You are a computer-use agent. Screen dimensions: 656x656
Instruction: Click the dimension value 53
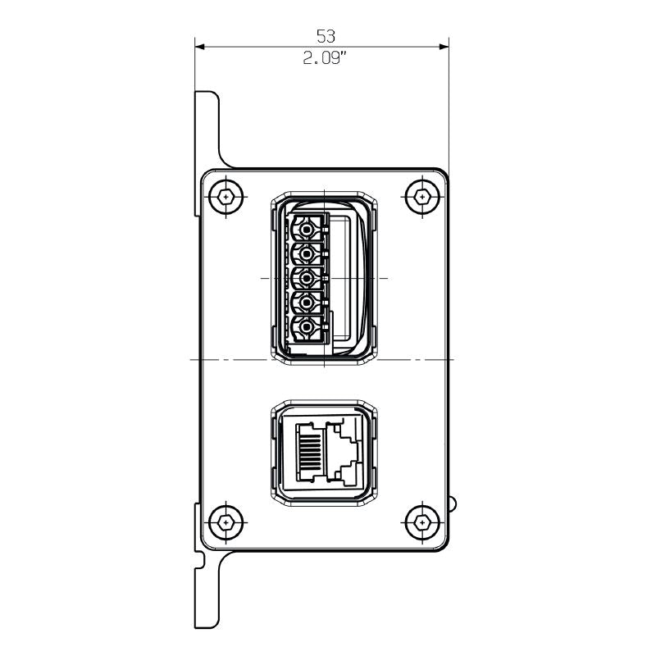(x=326, y=36)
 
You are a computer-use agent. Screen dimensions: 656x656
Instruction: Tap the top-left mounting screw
(x=226, y=197)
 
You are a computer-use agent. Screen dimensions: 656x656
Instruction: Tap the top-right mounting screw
(x=421, y=197)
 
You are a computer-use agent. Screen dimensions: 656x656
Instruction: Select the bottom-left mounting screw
(x=226, y=521)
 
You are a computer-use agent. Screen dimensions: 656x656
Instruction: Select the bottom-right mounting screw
(x=421, y=521)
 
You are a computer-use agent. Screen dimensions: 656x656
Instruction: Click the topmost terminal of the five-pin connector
(x=307, y=227)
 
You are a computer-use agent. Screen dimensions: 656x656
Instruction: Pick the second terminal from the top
(x=307, y=253)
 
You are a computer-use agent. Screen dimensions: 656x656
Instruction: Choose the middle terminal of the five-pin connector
(x=307, y=278)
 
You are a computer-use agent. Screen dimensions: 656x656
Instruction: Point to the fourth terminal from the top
(x=307, y=303)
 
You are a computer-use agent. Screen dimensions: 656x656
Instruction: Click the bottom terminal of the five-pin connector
(x=307, y=329)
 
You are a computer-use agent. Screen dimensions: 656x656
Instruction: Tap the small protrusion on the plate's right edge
(x=452, y=501)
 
